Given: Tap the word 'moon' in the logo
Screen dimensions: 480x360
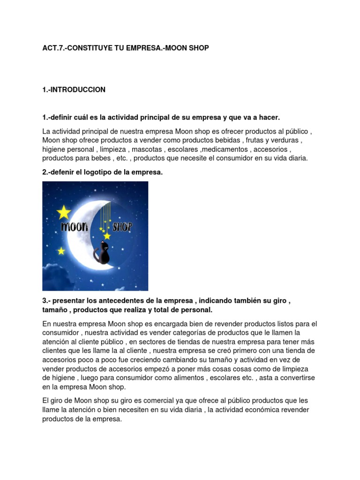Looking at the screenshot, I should click(74, 227).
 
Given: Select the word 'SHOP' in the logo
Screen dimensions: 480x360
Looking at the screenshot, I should click(122, 227).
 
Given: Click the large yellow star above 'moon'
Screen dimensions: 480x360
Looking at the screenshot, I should click(64, 212).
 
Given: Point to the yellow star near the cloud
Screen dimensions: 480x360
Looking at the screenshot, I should click(61, 251).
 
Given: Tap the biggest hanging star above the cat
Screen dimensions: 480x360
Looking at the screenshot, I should click(107, 235).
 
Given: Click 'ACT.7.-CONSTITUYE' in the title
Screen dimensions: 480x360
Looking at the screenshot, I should click(72, 48).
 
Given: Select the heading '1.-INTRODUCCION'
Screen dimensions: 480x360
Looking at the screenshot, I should click(74, 90).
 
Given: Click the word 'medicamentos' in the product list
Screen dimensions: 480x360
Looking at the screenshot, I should click(227, 150).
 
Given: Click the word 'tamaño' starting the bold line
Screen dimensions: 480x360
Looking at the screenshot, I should click(54, 310).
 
